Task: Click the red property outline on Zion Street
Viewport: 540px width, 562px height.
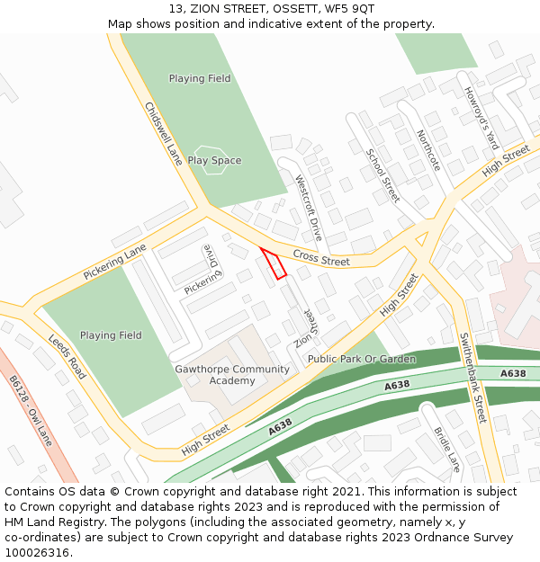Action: (x=274, y=263)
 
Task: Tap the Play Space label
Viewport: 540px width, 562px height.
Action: (x=214, y=161)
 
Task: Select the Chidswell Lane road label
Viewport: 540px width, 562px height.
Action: (x=164, y=133)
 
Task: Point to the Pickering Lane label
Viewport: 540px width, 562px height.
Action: (x=114, y=261)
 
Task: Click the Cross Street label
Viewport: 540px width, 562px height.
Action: (x=321, y=259)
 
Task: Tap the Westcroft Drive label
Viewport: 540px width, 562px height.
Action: (x=309, y=208)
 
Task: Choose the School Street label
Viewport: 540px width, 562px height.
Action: (x=382, y=175)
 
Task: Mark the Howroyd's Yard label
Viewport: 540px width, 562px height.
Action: (x=481, y=118)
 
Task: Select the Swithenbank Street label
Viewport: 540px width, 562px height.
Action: (x=472, y=379)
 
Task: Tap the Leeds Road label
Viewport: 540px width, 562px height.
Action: (x=67, y=357)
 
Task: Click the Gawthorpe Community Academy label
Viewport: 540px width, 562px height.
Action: (x=232, y=375)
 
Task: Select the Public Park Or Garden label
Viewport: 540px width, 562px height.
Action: (x=362, y=359)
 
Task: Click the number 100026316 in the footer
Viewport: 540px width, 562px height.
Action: (x=38, y=553)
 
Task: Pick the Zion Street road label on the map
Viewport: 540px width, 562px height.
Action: (x=304, y=328)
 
